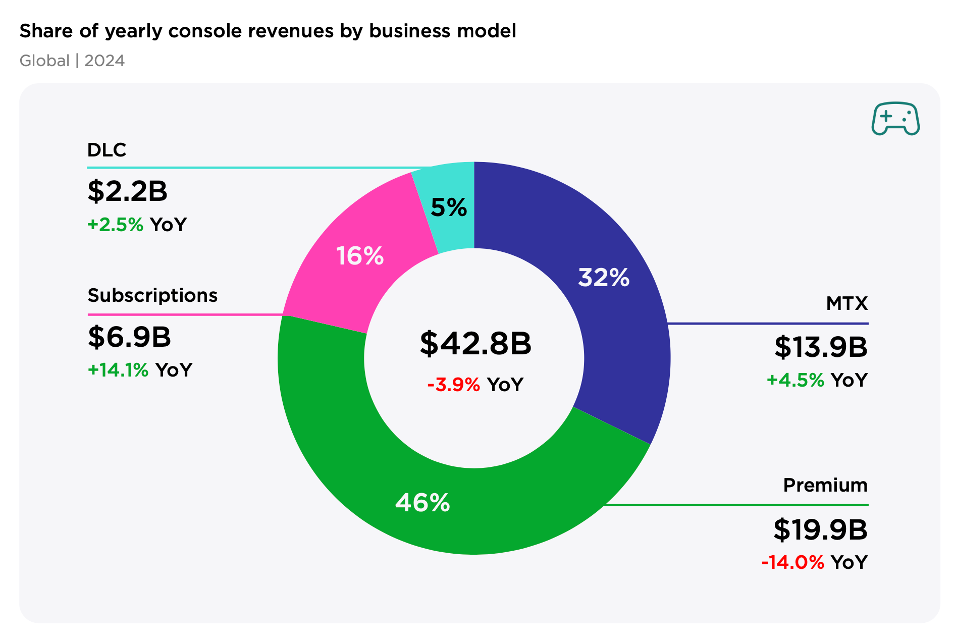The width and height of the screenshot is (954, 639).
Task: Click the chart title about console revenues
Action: point(268,31)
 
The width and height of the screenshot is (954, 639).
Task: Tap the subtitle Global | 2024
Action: point(72,61)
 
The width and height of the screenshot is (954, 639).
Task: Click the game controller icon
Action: point(895,119)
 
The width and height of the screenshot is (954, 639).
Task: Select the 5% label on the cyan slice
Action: point(449,207)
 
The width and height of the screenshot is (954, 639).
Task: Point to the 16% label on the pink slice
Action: point(360,256)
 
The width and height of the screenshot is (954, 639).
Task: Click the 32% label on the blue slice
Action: point(604,278)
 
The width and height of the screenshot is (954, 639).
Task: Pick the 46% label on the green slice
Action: point(422,503)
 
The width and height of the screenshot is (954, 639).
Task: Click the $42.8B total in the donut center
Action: point(475,344)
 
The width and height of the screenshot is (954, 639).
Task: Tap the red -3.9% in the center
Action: point(453,385)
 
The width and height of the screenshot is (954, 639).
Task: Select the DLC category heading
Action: point(107,150)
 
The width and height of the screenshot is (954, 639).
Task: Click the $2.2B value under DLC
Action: point(127,191)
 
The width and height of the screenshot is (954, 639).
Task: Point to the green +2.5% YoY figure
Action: point(116,225)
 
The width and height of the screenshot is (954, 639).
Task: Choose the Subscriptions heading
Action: point(152,295)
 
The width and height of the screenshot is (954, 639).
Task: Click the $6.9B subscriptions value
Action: point(129,337)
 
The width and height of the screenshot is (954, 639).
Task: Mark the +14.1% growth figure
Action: point(118,370)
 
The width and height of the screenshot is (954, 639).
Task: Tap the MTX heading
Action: point(846,304)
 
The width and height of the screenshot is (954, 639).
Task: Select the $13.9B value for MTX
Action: point(821,347)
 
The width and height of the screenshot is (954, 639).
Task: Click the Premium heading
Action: point(825,486)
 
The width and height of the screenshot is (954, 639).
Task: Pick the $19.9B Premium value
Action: point(820,530)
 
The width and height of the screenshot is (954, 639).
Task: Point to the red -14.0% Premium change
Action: point(792,562)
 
